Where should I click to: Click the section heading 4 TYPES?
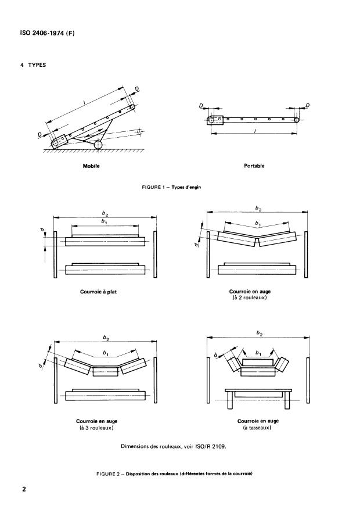(x=33, y=64)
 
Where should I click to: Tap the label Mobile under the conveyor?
(x=92, y=166)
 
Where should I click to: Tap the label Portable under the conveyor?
(x=254, y=166)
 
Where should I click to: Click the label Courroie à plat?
(x=98, y=292)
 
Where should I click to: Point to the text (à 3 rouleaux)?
(x=96, y=428)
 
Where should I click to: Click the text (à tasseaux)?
(x=258, y=428)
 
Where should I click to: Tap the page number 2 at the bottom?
(x=24, y=490)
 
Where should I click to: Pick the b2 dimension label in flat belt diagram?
(x=105, y=214)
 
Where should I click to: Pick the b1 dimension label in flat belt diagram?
(x=105, y=222)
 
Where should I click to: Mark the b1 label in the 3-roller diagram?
(x=105, y=353)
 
